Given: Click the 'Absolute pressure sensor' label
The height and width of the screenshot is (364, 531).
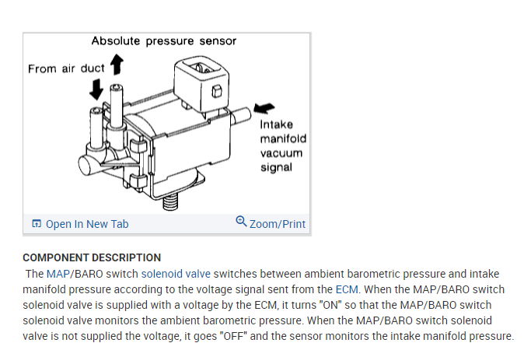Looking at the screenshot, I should (x=163, y=40).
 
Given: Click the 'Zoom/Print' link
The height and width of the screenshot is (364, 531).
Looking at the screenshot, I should (x=277, y=224).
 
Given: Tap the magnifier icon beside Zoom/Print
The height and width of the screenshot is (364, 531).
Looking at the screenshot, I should (x=241, y=222).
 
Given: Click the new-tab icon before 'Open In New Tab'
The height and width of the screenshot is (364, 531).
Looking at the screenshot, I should (x=37, y=224).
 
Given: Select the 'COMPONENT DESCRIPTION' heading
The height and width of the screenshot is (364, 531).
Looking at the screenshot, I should (x=92, y=257).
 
